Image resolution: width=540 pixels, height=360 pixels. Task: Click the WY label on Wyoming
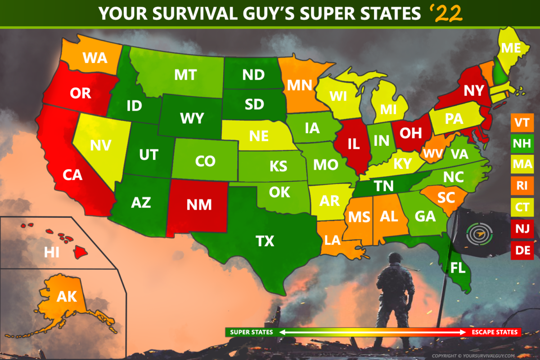[191, 118]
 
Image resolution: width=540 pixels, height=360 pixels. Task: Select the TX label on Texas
[265, 242]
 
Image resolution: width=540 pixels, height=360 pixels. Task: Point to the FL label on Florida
[458, 269]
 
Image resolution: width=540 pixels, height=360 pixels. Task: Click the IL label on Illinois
[353, 144]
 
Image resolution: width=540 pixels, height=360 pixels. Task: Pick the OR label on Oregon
[81, 93]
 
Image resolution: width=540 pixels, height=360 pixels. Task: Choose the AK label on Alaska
[67, 297]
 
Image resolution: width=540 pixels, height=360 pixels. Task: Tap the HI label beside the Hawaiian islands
[52, 252]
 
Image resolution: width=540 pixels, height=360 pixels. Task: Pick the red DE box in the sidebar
[522, 250]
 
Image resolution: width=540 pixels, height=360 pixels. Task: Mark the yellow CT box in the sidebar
[522, 207]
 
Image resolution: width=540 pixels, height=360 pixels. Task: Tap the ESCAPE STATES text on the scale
[495, 333]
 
